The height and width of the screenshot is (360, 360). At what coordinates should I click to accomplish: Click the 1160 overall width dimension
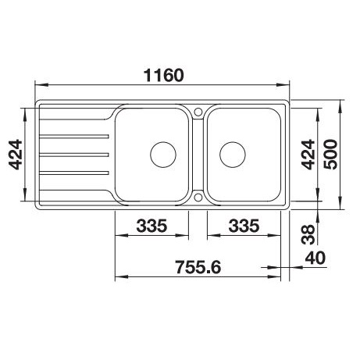(164, 75)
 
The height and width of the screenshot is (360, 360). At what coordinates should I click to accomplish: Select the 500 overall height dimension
(332, 155)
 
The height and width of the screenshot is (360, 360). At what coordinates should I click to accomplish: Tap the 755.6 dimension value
(198, 267)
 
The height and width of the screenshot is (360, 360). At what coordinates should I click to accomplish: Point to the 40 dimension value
(315, 258)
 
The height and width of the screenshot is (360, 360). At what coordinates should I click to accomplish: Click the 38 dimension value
(308, 234)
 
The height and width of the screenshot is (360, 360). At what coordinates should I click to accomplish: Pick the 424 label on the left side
(16, 155)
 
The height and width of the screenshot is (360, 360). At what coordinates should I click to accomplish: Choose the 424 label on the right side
(308, 155)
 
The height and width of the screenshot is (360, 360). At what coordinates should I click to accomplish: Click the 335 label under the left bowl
(151, 226)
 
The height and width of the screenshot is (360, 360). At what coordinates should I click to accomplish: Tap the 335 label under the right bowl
(244, 226)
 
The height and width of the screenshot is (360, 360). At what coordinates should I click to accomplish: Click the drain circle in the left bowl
(163, 155)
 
